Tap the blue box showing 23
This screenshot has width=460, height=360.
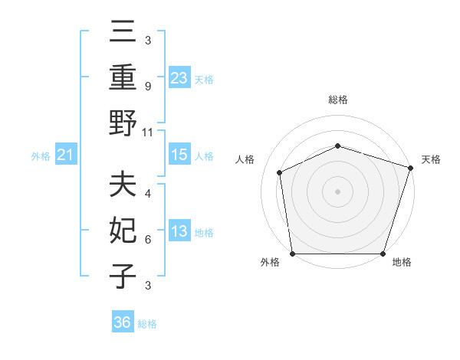pos(179,77)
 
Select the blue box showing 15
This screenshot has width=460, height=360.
pos(179,155)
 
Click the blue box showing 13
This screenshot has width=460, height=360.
pos(179,232)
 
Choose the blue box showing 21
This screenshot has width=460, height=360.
pos(66,155)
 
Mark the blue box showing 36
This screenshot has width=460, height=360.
pos(123,322)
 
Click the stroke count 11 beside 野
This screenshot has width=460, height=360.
pos(148,132)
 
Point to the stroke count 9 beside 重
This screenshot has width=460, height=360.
pos(147,87)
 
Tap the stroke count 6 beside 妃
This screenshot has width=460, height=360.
pos(147,240)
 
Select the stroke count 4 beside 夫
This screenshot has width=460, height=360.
pos(147,195)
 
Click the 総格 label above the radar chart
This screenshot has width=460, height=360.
pos(338,100)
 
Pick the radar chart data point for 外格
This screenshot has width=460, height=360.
pos(292,254)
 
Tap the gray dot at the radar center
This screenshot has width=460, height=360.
pos(337,191)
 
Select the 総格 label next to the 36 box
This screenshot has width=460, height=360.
pos(147,324)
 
